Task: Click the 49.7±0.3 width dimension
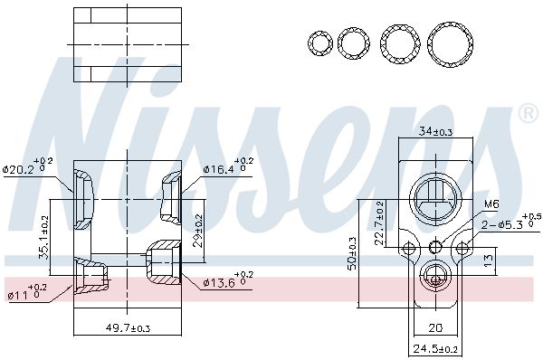(128, 327)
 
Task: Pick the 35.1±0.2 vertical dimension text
(44, 237)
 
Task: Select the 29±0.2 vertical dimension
(197, 231)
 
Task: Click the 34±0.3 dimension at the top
(435, 131)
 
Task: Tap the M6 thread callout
(491, 204)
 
